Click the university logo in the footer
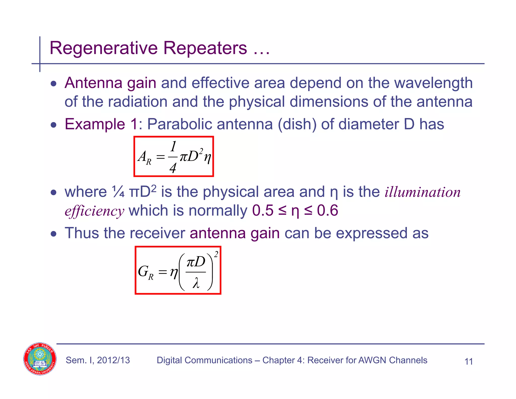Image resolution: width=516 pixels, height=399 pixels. (40, 359)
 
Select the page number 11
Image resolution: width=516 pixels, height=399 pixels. (468, 361)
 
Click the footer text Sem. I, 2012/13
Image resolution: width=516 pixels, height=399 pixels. (98, 360)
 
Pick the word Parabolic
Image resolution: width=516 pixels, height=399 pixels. (179, 124)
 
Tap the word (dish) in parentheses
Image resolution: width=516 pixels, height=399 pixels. (297, 124)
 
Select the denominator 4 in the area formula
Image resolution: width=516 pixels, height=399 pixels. (173, 168)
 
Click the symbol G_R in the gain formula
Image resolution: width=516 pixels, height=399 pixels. (146, 272)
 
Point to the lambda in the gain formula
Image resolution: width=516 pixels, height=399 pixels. (196, 284)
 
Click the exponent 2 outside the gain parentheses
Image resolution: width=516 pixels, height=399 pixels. (216, 255)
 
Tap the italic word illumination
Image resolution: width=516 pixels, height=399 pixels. (423, 192)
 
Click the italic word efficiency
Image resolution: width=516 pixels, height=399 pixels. (94, 211)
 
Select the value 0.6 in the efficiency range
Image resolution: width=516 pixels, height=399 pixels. (327, 210)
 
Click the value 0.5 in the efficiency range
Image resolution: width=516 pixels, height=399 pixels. (263, 210)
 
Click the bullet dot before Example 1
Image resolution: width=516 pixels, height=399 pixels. (53, 125)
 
